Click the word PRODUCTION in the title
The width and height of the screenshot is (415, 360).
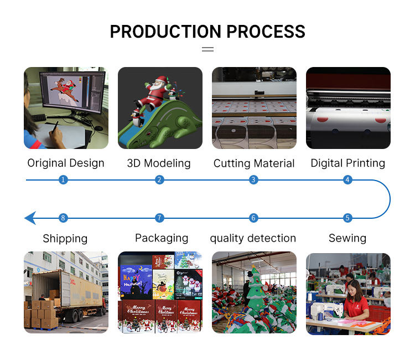165,32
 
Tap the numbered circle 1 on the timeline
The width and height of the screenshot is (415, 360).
63,180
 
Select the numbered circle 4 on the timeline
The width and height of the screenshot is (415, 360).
347,180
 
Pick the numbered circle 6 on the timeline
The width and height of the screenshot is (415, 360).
253,218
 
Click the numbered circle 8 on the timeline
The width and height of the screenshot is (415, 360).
63,218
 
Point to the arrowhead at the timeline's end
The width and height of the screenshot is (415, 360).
30,218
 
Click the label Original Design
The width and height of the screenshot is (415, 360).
66,163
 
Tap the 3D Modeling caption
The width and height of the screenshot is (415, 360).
159,163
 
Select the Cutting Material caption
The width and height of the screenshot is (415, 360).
254,163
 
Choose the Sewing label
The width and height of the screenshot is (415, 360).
347,238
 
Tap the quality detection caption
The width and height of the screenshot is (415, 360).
253,238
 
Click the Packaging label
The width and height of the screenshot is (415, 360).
162,238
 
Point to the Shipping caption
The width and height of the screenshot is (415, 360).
65,239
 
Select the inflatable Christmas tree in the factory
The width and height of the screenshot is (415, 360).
256,289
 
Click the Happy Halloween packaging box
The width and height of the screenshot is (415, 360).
136,282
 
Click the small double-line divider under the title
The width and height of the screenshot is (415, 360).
207,49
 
